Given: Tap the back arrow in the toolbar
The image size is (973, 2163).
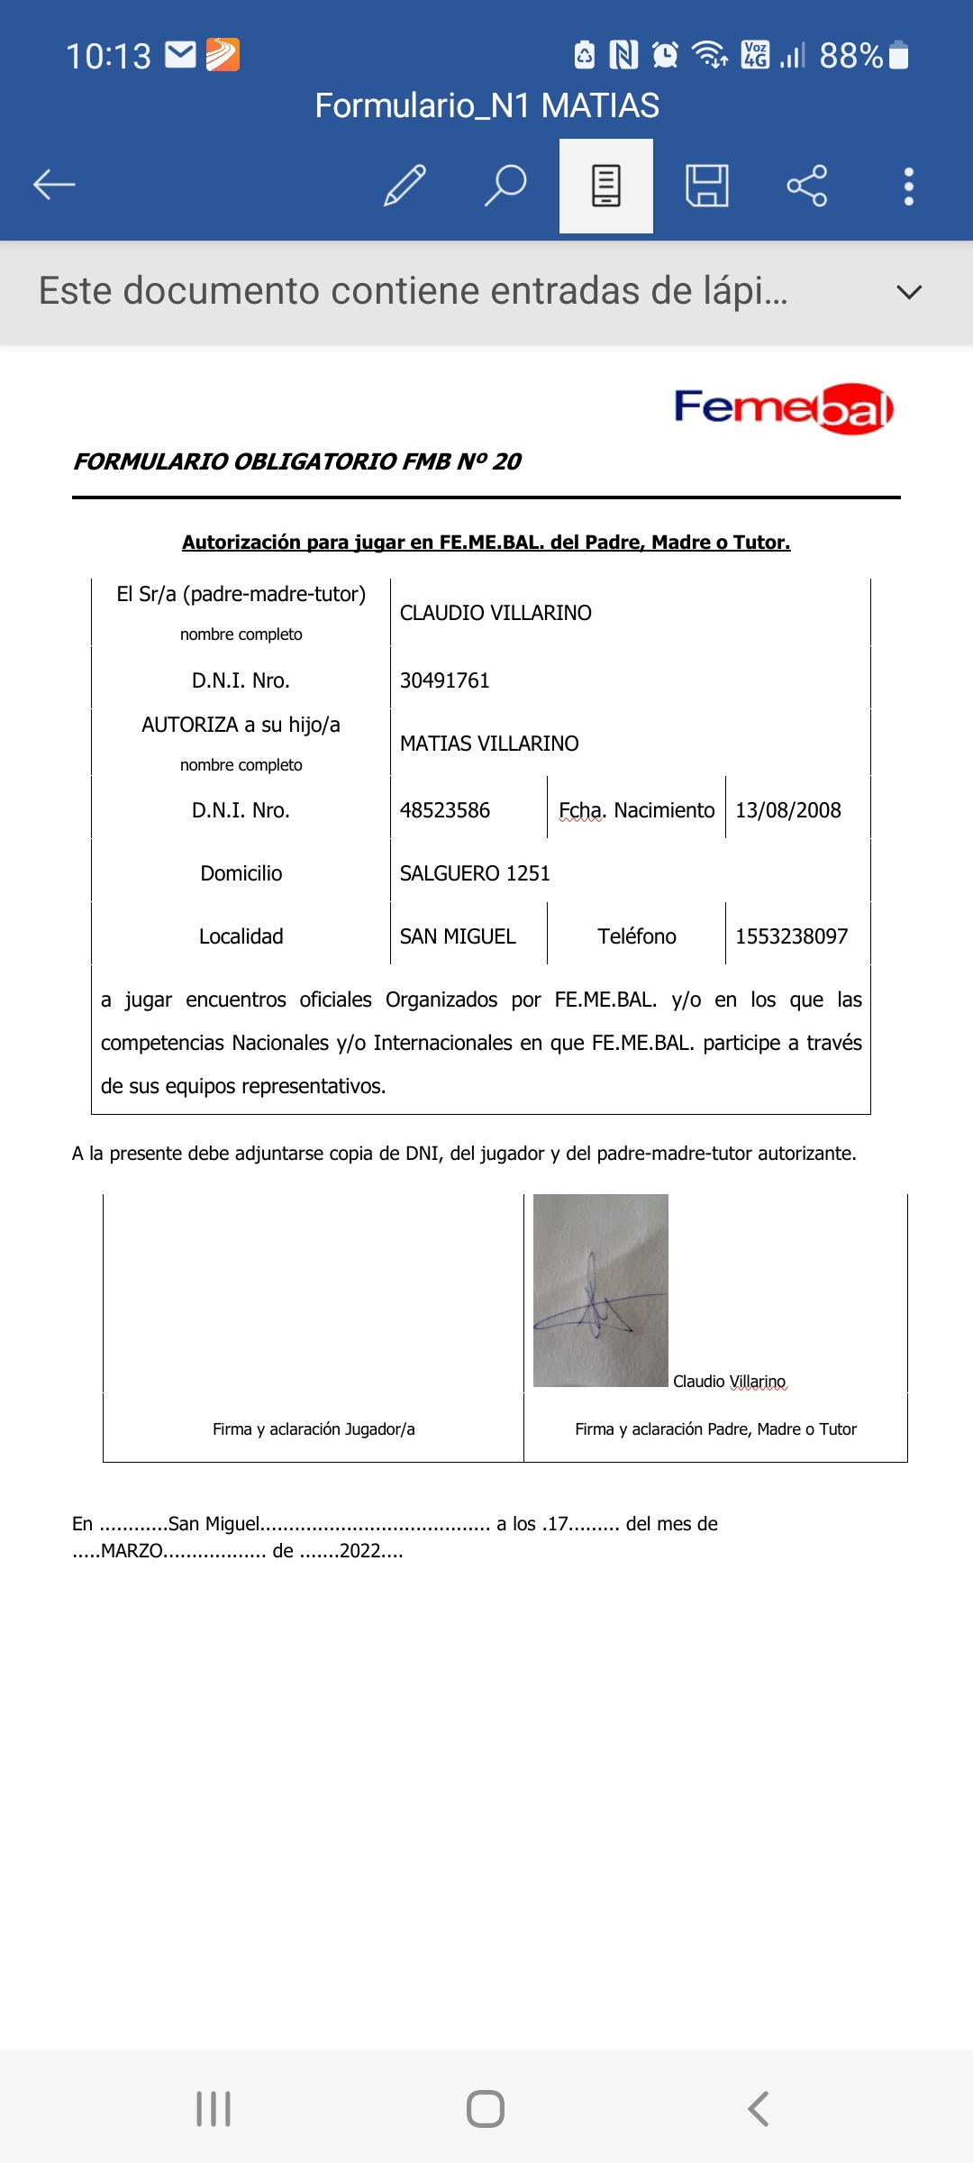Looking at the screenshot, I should pos(54,186).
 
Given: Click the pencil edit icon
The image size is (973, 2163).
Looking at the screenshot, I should pos(405,186).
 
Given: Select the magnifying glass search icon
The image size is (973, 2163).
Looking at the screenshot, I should pos(505,186).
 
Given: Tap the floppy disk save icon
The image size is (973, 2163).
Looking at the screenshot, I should pos(707,186).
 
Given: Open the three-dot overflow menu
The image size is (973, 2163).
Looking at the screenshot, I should pos(909,186).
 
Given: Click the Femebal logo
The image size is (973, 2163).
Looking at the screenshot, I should pos(783,408).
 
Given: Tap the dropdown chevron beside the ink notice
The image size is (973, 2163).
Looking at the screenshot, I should pos(909,292).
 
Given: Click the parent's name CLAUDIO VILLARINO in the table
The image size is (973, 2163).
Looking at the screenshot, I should pos(496,613).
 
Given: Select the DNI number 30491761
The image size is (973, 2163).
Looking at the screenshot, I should pos(444,680).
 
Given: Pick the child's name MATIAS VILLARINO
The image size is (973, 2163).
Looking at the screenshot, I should pos(489,744).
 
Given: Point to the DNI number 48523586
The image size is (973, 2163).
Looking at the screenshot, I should pos(444,810).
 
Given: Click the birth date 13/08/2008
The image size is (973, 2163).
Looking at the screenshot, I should pos(787,810).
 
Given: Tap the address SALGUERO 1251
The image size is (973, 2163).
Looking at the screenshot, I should pos(475,873).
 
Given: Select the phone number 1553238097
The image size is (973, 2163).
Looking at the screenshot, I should pos(791,936).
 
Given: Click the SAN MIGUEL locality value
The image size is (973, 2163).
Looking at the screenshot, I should pos(458,936).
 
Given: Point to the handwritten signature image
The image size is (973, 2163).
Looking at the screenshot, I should pos(600,1291).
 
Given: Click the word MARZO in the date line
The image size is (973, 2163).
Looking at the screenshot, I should pos(132,1551).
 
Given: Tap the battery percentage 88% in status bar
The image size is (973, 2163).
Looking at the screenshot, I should pos(850,56).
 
